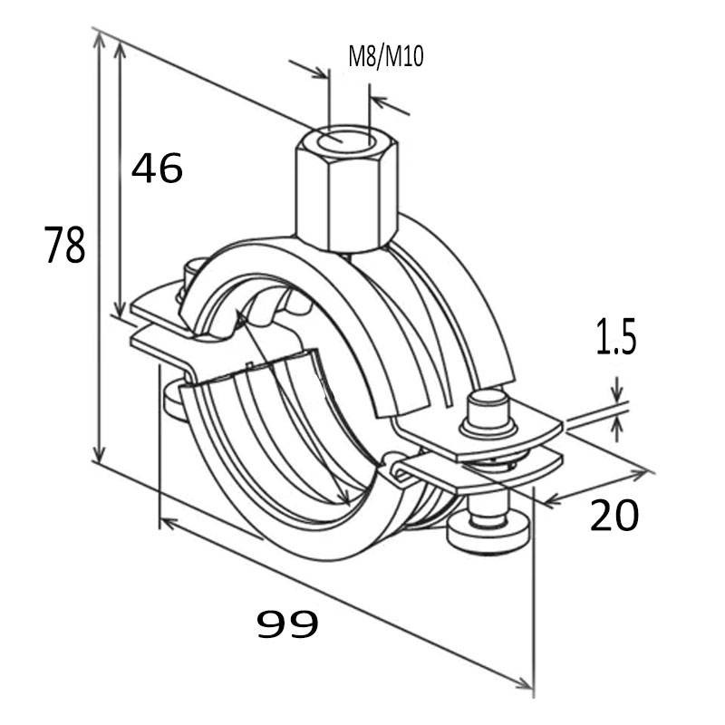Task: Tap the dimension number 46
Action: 158,169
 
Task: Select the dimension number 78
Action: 65,246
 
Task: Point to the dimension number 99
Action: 287,623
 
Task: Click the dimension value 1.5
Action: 617,338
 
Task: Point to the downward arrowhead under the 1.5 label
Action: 617,397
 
